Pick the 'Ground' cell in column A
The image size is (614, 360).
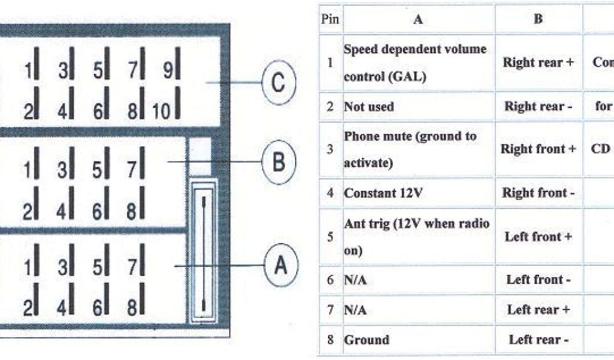point(366,340)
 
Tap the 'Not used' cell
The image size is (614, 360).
point(369,107)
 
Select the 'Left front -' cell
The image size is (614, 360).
point(538,280)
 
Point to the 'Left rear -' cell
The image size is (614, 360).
point(538,340)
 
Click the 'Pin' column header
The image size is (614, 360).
point(330,19)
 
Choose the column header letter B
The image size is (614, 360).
point(538,19)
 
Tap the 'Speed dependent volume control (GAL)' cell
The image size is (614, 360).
point(414,62)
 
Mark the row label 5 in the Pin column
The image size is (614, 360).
point(330,236)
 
